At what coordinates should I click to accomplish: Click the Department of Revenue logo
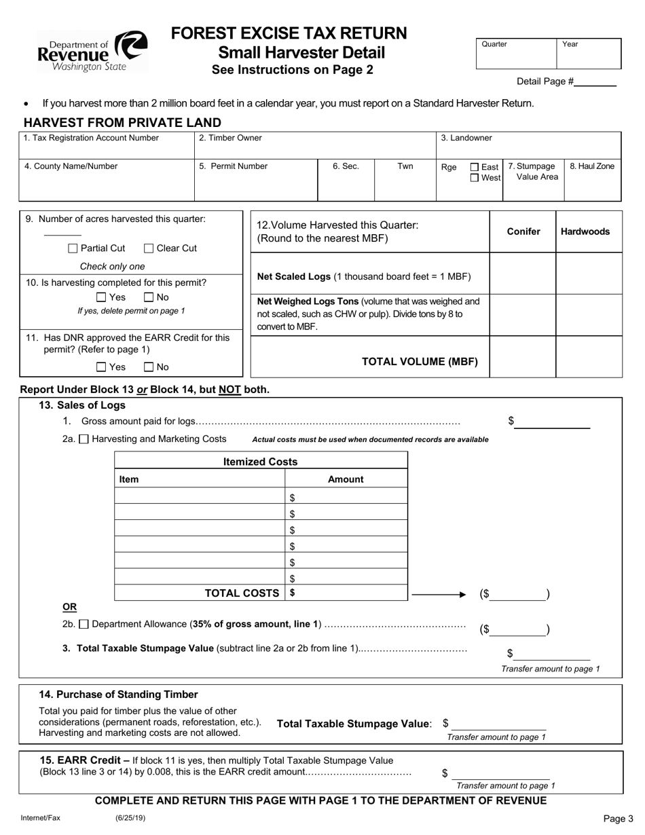point(92,52)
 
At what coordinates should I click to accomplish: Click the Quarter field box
point(516,54)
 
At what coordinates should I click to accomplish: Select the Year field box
point(589,54)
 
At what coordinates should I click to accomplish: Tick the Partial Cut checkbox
point(73,248)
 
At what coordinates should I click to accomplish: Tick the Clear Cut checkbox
point(149,248)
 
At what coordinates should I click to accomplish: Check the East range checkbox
point(475,167)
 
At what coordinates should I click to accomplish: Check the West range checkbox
point(475,178)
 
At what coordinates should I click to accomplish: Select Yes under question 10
point(101,297)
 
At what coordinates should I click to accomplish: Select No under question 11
point(149,367)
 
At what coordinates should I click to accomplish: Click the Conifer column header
point(523,231)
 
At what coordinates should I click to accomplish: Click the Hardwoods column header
point(585,231)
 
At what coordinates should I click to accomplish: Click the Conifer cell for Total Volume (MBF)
point(523,356)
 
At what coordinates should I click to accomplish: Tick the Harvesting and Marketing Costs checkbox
point(84,439)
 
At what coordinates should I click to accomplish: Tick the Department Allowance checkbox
point(84,624)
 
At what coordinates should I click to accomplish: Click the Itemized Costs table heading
point(261,462)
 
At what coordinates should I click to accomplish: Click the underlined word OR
point(69,606)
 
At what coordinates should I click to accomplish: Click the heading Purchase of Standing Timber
point(119,694)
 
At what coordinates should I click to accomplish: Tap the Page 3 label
point(618,819)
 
